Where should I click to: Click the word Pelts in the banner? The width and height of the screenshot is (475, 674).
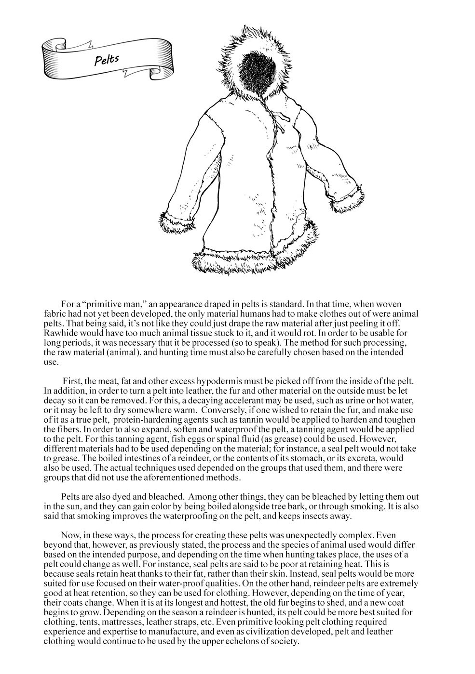[107, 59]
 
